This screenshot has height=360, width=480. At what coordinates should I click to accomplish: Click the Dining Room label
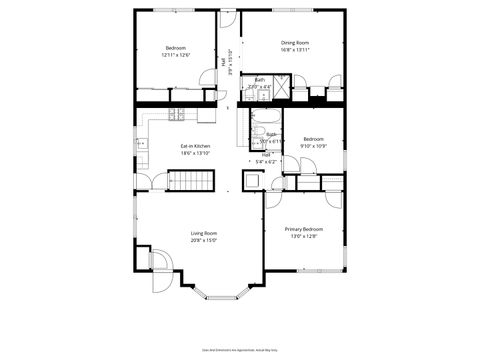tap(295, 43)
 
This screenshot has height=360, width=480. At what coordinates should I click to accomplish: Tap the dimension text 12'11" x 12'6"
tap(176, 55)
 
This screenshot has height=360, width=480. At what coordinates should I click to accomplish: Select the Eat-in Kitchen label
tap(195, 146)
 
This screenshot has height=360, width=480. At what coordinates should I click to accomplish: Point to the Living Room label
tap(204, 233)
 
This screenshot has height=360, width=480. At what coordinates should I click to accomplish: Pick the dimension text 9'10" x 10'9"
tap(314, 146)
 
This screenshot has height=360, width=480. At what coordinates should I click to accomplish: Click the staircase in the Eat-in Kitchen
tap(190, 181)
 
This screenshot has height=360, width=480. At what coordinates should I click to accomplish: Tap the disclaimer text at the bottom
tap(239, 349)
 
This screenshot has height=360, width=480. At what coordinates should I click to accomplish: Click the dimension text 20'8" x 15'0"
tap(204, 241)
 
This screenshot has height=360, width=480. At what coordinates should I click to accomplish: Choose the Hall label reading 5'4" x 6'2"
tap(267, 157)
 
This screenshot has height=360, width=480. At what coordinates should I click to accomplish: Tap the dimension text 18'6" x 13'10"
tap(195, 154)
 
